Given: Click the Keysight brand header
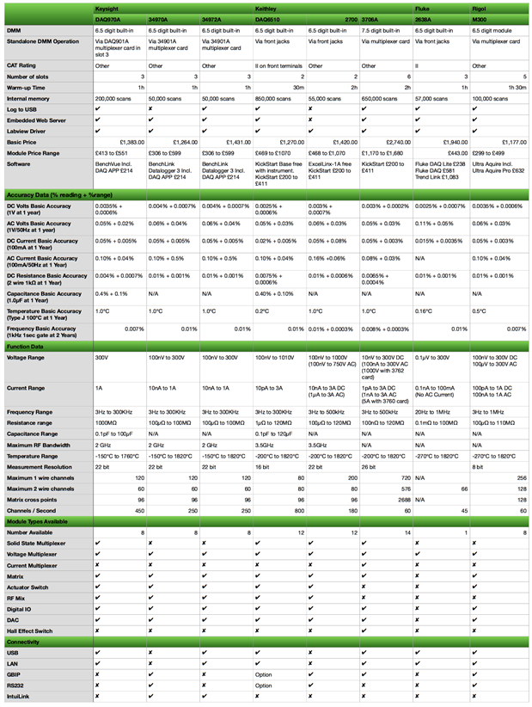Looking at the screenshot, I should coord(107,7).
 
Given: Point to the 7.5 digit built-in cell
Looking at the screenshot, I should coord(383,30).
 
